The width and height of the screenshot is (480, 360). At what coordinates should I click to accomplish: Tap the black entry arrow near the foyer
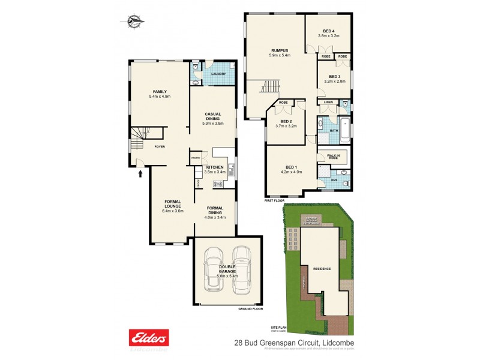(141, 174)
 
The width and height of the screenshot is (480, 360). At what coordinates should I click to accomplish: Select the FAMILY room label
(159, 91)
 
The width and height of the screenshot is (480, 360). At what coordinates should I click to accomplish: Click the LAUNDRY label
(218, 74)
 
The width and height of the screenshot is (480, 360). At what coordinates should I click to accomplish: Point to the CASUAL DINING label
(214, 116)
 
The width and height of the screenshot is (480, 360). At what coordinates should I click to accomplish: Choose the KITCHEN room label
(215, 167)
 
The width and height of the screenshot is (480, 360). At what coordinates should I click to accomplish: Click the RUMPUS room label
(280, 50)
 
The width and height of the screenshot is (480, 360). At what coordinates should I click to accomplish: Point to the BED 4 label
(328, 31)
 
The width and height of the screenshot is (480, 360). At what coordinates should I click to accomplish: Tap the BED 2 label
(286, 121)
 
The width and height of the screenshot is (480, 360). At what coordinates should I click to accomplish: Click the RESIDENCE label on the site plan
(322, 268)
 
